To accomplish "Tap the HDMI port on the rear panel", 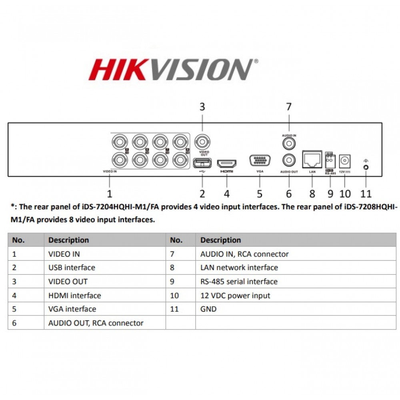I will pos(226,163).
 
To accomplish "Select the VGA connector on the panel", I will pos(260,160).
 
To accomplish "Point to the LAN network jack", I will pos(312,160).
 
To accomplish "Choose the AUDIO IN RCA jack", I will pos(289,143).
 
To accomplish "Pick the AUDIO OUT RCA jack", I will pos(289,160).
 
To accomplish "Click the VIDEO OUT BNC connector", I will pos(202,142).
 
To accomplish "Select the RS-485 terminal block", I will pos(330,162).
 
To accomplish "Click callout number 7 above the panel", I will pos(289,107).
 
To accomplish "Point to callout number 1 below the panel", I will pos(110,194).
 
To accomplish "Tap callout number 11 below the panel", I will pos(366,194).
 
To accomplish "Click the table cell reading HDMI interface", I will pos(74,296).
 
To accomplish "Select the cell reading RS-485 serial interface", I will pos(239,282).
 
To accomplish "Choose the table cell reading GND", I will pos(208,309).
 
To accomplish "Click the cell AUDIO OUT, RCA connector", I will pos(96,323).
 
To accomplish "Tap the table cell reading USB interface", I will pos(72,268).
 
